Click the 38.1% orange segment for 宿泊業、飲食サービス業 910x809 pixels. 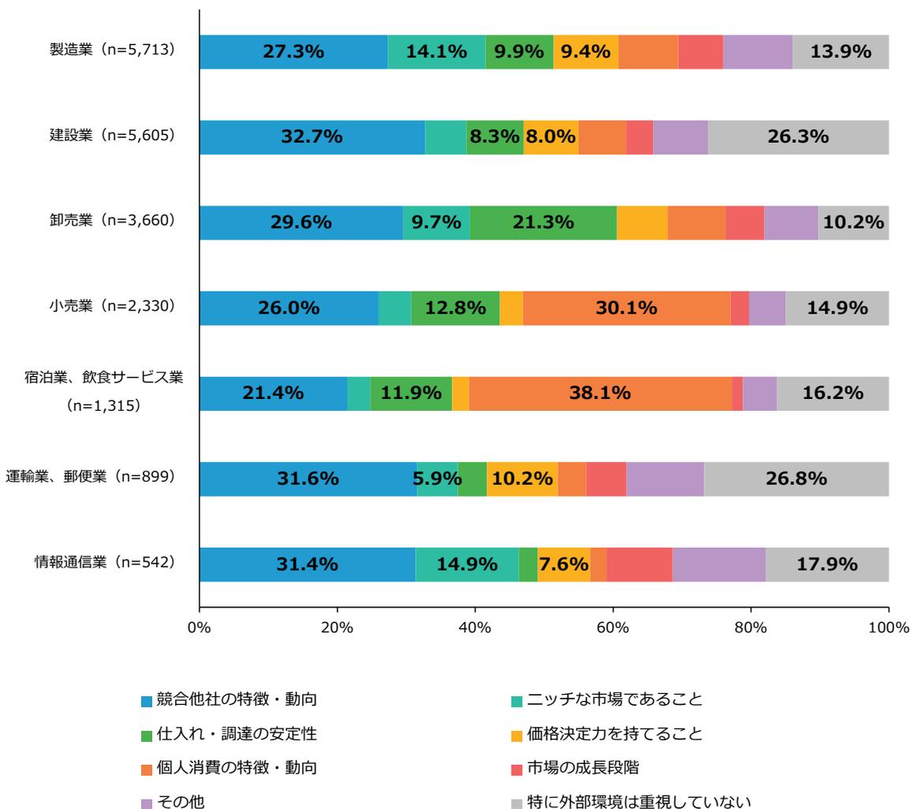600,393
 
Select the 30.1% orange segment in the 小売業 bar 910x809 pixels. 626,308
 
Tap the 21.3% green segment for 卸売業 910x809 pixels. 543,222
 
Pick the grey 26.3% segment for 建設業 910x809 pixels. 798,137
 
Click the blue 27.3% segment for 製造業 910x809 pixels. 293,52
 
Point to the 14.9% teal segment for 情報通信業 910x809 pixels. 467,565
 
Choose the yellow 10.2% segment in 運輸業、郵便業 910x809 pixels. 522,479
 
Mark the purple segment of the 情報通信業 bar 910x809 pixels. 718,565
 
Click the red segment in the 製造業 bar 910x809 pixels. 700,52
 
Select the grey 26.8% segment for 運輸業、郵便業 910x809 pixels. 796,479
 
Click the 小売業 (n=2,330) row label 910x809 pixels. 110,306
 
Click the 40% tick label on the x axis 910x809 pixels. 475,628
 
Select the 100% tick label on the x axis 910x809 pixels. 889,628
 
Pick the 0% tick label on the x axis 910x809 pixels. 200,628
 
